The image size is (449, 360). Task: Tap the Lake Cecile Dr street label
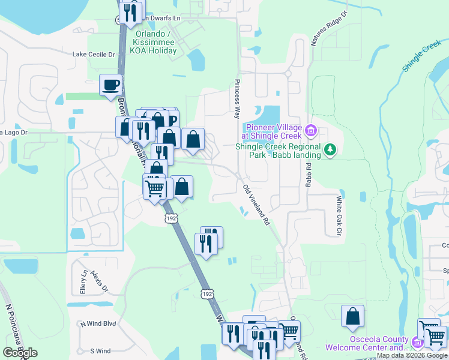pos(93,54)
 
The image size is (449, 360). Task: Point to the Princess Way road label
pos(238,94)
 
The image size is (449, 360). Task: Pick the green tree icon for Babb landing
pos(329,149)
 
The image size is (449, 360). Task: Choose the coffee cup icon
pos(110,85)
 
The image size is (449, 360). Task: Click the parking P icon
pos(172,120)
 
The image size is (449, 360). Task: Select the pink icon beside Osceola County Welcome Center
pos(418,343)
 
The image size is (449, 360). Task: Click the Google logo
pos(20,352)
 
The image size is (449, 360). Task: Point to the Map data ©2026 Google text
pos(412,356)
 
